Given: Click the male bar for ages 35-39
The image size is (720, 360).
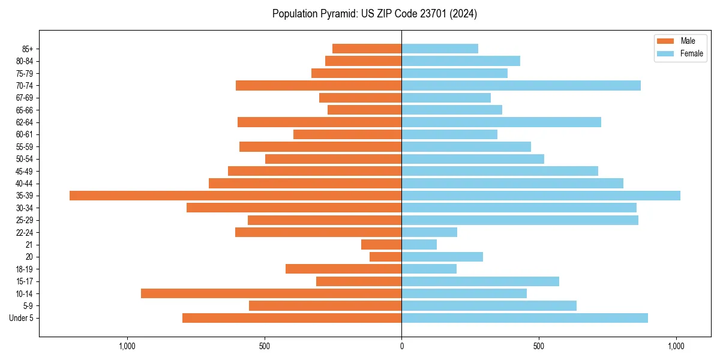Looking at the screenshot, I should pyautogui.click(x=235, y=196).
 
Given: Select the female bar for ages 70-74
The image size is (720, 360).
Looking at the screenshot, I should pyautogui.click(x=521, y=85).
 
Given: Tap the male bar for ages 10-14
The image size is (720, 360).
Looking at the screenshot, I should pyautogui.click(x=271, y=293).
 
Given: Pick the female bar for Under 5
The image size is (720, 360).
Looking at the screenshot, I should pyautogui.click(x=524, y=318).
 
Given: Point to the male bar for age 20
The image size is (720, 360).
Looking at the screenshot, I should pyautogui.click(x=386, y=257).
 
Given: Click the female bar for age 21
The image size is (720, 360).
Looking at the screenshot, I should pyautogui.click(x=419, y=244).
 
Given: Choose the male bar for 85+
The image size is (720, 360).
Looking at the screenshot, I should pyautogui.click(x=367, y=49).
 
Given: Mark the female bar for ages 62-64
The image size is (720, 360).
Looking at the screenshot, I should pyautogui.click(x=501, y=122).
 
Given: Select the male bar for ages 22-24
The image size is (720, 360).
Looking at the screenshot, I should pyautogui.click(x=318, y=232).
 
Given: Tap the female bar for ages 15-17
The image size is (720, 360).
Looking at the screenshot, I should pyautogui.click(x=480, y=281).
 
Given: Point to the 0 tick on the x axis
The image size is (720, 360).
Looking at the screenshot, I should pyautogui.click(x=401, y=346).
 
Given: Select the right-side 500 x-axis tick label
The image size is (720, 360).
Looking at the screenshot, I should pyautogui.click(x=539, y=346).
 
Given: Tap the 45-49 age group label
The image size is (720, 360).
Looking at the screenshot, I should pyautogui.click(x=25, y=171).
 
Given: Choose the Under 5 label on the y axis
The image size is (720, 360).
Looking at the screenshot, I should pyautogui.click(x=22, y=318).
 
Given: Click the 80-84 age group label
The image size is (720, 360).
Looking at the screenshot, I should pyautogui.click(x=25, y=61).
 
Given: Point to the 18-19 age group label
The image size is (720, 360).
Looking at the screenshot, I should pyautogui.click(x=25, y=269).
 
